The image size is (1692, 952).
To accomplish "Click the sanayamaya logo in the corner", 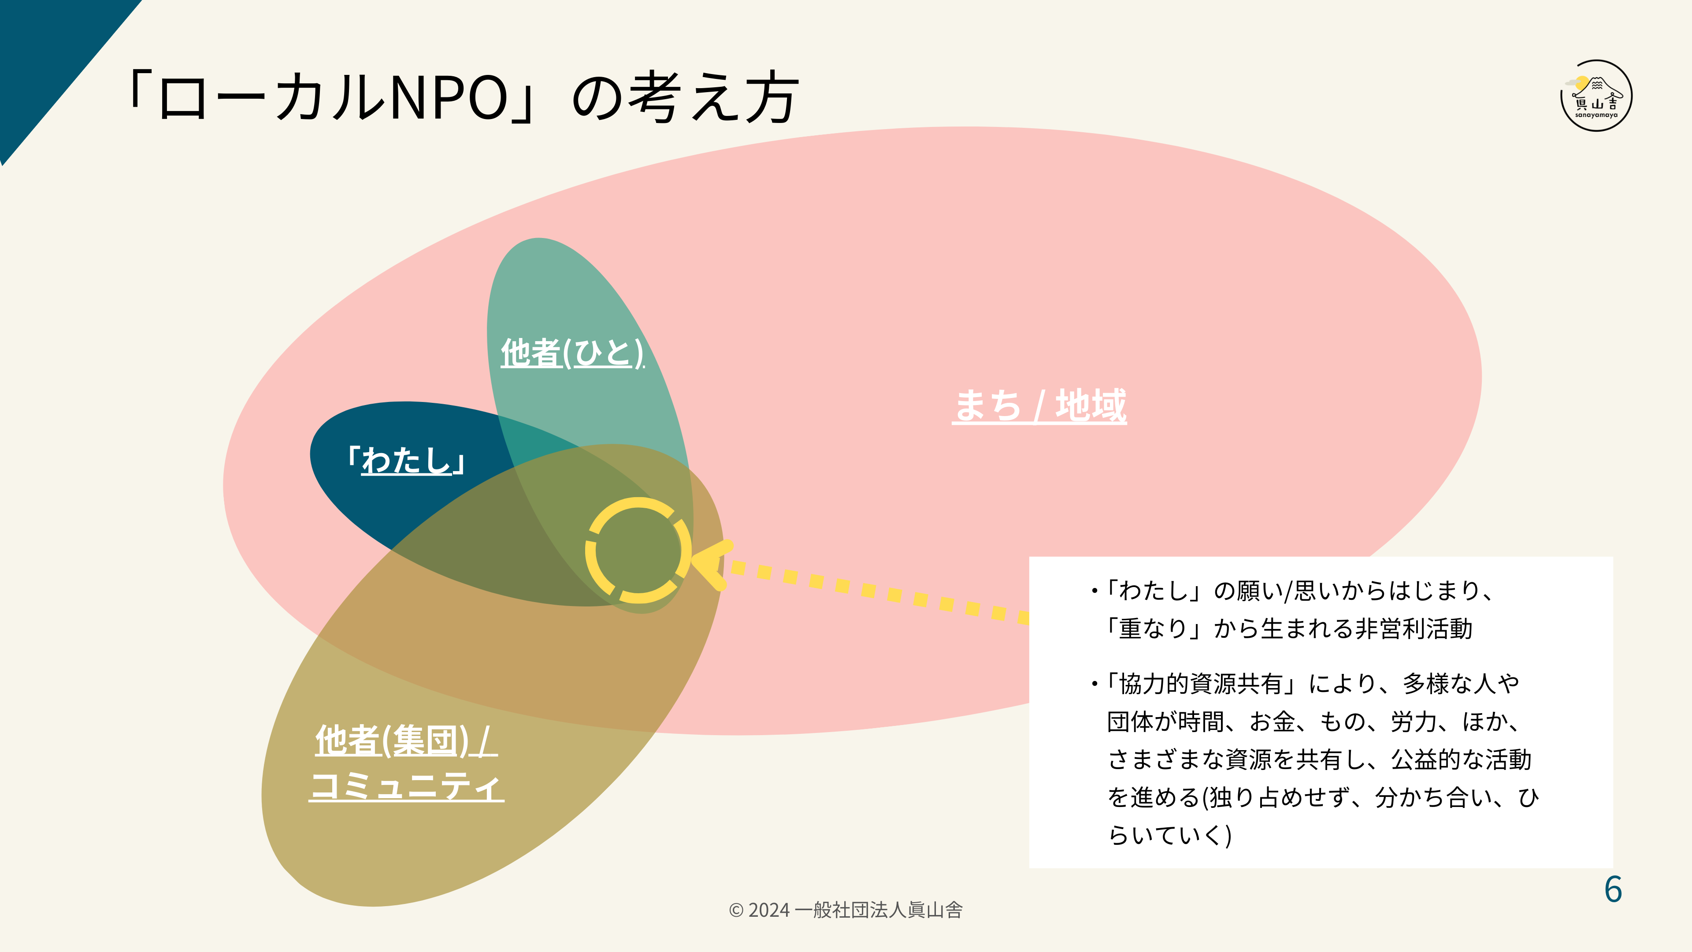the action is (x=1596, y=96).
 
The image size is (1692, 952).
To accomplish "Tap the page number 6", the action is (x=1613, y=889).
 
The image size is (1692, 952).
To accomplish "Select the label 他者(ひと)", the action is (x=571, y=353).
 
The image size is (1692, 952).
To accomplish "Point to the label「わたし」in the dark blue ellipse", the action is (x=407, y=460).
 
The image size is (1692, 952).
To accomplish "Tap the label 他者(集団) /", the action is (x=406, y=740).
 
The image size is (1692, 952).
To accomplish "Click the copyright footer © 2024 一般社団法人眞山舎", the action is (x=846, y=910).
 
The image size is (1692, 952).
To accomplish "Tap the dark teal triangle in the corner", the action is (x=46, y=59).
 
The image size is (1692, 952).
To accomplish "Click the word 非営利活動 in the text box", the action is (x=1414, y=629).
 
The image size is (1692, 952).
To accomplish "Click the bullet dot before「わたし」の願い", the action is (x=1094, y=591).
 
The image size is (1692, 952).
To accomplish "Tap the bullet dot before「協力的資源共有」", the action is (x=1094, y=684).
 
